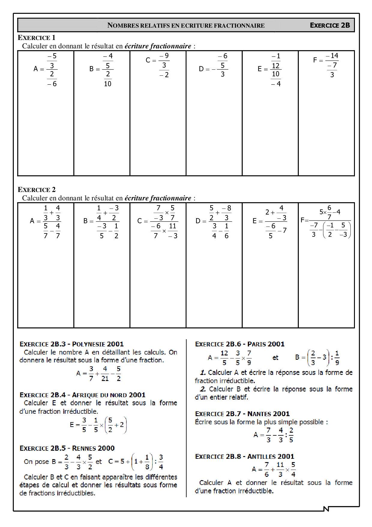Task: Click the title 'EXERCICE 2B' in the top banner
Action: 330,25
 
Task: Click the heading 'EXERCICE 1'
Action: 36,38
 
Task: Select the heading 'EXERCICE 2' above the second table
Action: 36,190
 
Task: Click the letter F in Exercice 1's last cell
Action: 315,60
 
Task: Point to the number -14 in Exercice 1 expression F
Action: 332,56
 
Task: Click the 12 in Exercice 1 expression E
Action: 275,65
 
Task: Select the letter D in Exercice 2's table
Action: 198,221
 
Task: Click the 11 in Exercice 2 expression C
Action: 172,226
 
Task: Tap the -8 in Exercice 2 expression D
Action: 227,208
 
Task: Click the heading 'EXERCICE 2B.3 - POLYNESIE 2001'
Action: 71,344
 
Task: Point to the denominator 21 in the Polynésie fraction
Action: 105,379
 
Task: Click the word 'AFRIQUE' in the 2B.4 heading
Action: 85,395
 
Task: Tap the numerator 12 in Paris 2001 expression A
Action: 224,353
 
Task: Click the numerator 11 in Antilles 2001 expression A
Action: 280,465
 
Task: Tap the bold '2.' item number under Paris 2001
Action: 203,389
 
